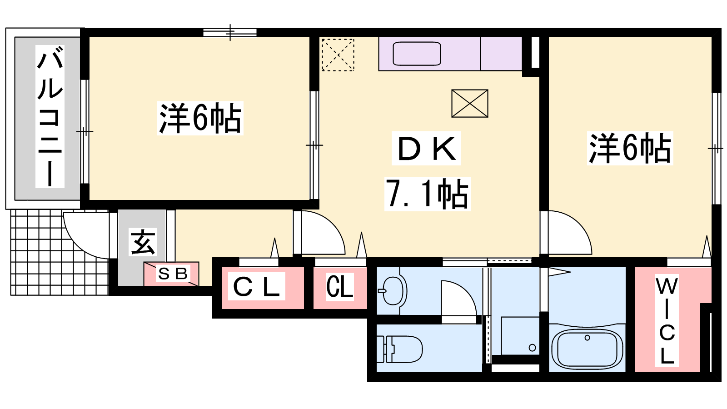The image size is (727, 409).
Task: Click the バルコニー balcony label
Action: coord(50,116)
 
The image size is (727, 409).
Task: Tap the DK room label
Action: coord(426,148)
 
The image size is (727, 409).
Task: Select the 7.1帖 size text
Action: coord(427,194)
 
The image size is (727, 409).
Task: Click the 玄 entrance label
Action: coord(143,242)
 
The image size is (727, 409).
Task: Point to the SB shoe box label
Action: coord(172,274)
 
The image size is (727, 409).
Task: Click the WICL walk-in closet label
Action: coord(667,320)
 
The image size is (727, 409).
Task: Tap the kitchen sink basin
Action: coord(417,54)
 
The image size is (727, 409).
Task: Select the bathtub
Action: coord(587,349)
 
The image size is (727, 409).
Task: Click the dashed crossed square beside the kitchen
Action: coord(338,55)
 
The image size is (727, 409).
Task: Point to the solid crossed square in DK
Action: coord(470,104)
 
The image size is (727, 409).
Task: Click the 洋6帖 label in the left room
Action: coord(200,118)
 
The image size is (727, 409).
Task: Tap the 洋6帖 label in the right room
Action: coord(630,148)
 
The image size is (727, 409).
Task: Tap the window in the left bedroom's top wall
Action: coord(230,32)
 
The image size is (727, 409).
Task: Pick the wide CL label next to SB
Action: coord(256,286)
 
